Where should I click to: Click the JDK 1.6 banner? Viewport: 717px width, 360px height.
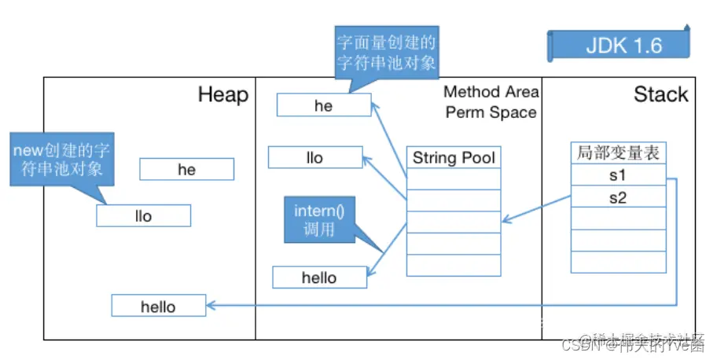point(623,45)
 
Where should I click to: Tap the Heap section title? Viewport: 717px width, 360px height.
point(222,95)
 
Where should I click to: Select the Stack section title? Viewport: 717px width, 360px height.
point(660,95)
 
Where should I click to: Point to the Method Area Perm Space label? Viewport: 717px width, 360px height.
point(491,102)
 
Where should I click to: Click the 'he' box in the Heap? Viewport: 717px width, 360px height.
point(186,170)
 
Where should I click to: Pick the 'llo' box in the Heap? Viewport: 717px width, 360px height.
point(143,215)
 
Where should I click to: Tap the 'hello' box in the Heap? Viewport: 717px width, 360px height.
point(158,307)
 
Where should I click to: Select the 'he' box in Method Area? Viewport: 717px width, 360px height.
point(323,106)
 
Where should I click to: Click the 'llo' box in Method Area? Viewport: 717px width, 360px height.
point(314,157)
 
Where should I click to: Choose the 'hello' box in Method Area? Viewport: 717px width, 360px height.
point(319,277)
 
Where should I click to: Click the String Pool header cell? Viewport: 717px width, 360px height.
point(454,157)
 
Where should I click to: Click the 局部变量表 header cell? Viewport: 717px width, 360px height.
point(617,154)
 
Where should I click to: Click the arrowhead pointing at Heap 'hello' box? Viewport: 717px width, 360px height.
point(211,305)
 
